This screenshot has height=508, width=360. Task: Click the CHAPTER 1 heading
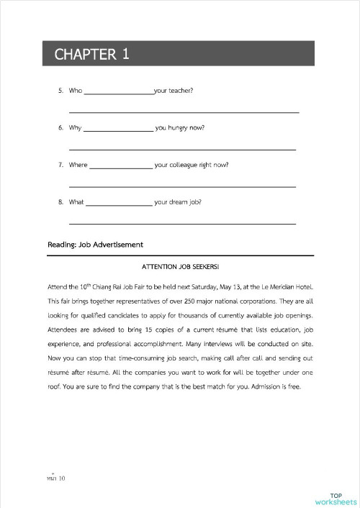[x=91, y=55]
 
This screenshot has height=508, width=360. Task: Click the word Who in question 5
[x=76, y=91]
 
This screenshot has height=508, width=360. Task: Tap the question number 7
[x=60, y=165]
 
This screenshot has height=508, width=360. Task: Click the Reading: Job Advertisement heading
[x=95, y=245]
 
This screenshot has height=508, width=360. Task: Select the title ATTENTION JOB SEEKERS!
[x=180, y=268]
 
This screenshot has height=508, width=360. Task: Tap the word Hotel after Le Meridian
[x=302, y=286]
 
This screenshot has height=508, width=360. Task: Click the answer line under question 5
[x=184, y=112]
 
